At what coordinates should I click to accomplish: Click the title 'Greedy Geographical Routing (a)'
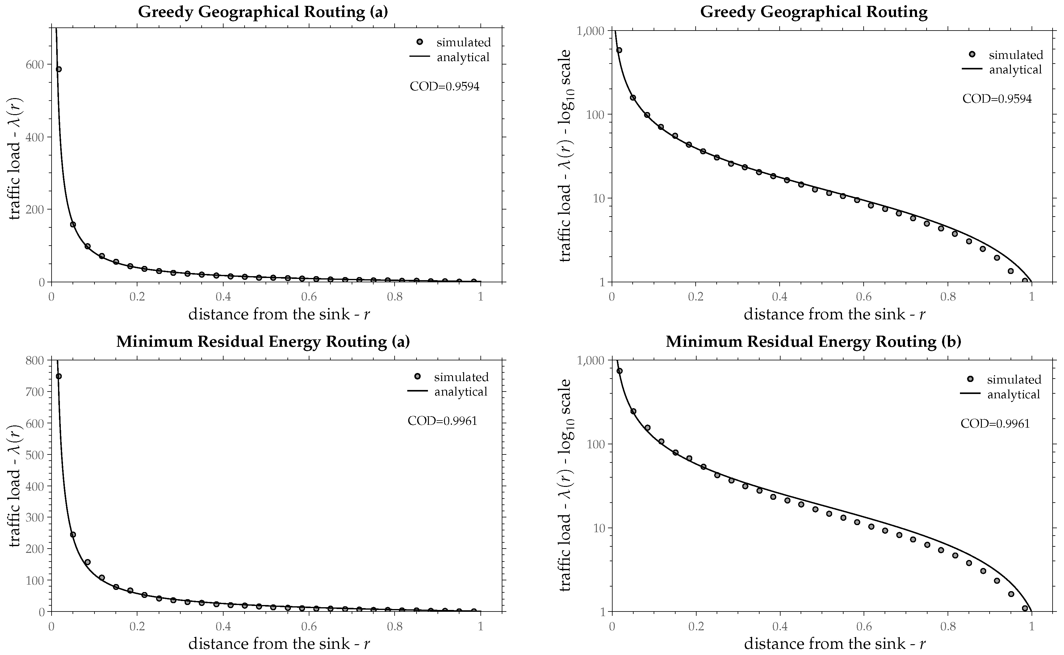pyautogui.click(x=263, y=12)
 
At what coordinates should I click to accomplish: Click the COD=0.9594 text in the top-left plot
pyautogui.click(x=445, y=87)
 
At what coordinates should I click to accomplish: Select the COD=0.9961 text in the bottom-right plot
pyautogui.click(x=995, y=424)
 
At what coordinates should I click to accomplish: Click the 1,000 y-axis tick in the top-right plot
pyautogui.click(x=591, y=31)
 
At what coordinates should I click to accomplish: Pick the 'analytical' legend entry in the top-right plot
pyautogui.click(x=1015, y=70)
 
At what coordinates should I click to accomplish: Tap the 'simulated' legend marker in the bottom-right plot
pyautogui.click(x=970, y=379)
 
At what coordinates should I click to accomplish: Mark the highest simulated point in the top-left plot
pyautogui.click(x=58, y=69)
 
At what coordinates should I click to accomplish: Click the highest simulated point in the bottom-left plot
pyautogui.click(x=58, y=376)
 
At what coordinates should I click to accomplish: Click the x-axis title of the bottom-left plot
pyautogui.click(x=279, y=644)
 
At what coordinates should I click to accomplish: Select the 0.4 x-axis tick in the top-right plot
pyautogui.click(x=779, y=297)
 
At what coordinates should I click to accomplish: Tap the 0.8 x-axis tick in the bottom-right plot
pyautogui.click(x=948, y=626)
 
